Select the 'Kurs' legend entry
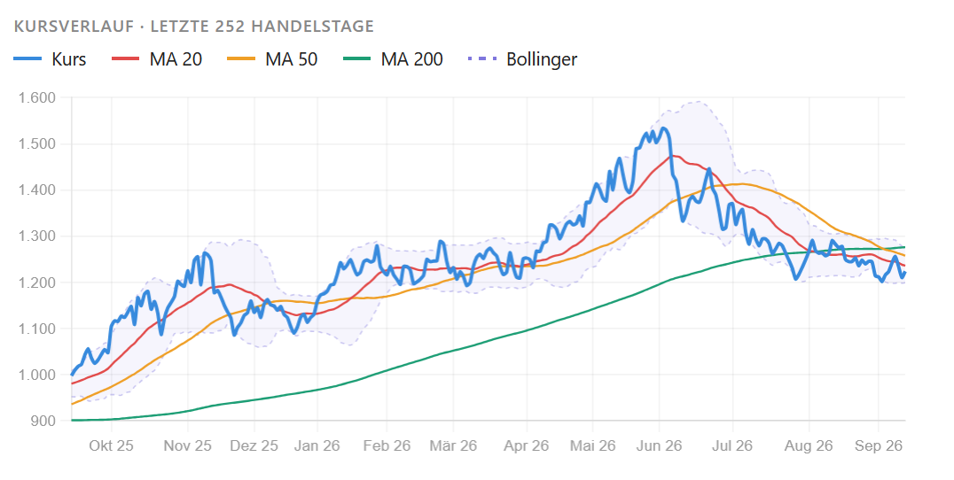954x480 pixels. tap(50, 59)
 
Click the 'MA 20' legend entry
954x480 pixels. tap(157, 59)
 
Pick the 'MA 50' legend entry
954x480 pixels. tap(272, 59)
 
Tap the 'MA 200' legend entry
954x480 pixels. tap(393, 59)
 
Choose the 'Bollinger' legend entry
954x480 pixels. tap(522, 59)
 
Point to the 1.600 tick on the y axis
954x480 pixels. tap(37, 97)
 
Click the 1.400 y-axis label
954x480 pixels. tap(37, 190)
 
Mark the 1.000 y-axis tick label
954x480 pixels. tap(37, 375)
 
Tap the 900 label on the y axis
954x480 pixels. tap(42, 421)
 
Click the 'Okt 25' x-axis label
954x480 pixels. tap(112, 446)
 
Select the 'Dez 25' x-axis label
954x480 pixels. tap(254, 446)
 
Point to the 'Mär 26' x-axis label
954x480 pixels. tap(453, 446)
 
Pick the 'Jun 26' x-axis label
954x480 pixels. tap(659, 446)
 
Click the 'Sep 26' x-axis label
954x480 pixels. tap(879, 446)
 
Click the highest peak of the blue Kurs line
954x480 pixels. tap(663, 128)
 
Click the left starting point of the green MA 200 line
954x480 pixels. tap(72, 420)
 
